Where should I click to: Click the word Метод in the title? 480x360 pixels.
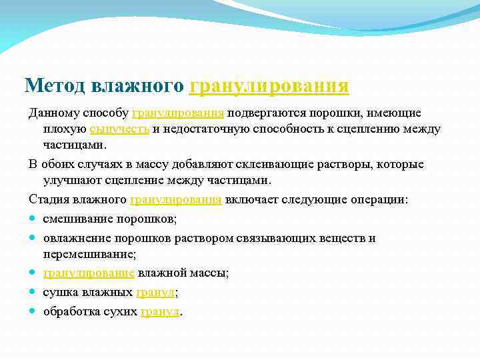54,86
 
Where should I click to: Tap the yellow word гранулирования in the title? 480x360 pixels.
269,86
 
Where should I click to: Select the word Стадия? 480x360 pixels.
47,199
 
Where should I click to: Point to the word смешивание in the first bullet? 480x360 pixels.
75,219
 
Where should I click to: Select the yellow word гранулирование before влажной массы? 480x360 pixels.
89,273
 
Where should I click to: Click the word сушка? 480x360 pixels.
59,292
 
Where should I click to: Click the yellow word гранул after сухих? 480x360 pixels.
160,311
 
